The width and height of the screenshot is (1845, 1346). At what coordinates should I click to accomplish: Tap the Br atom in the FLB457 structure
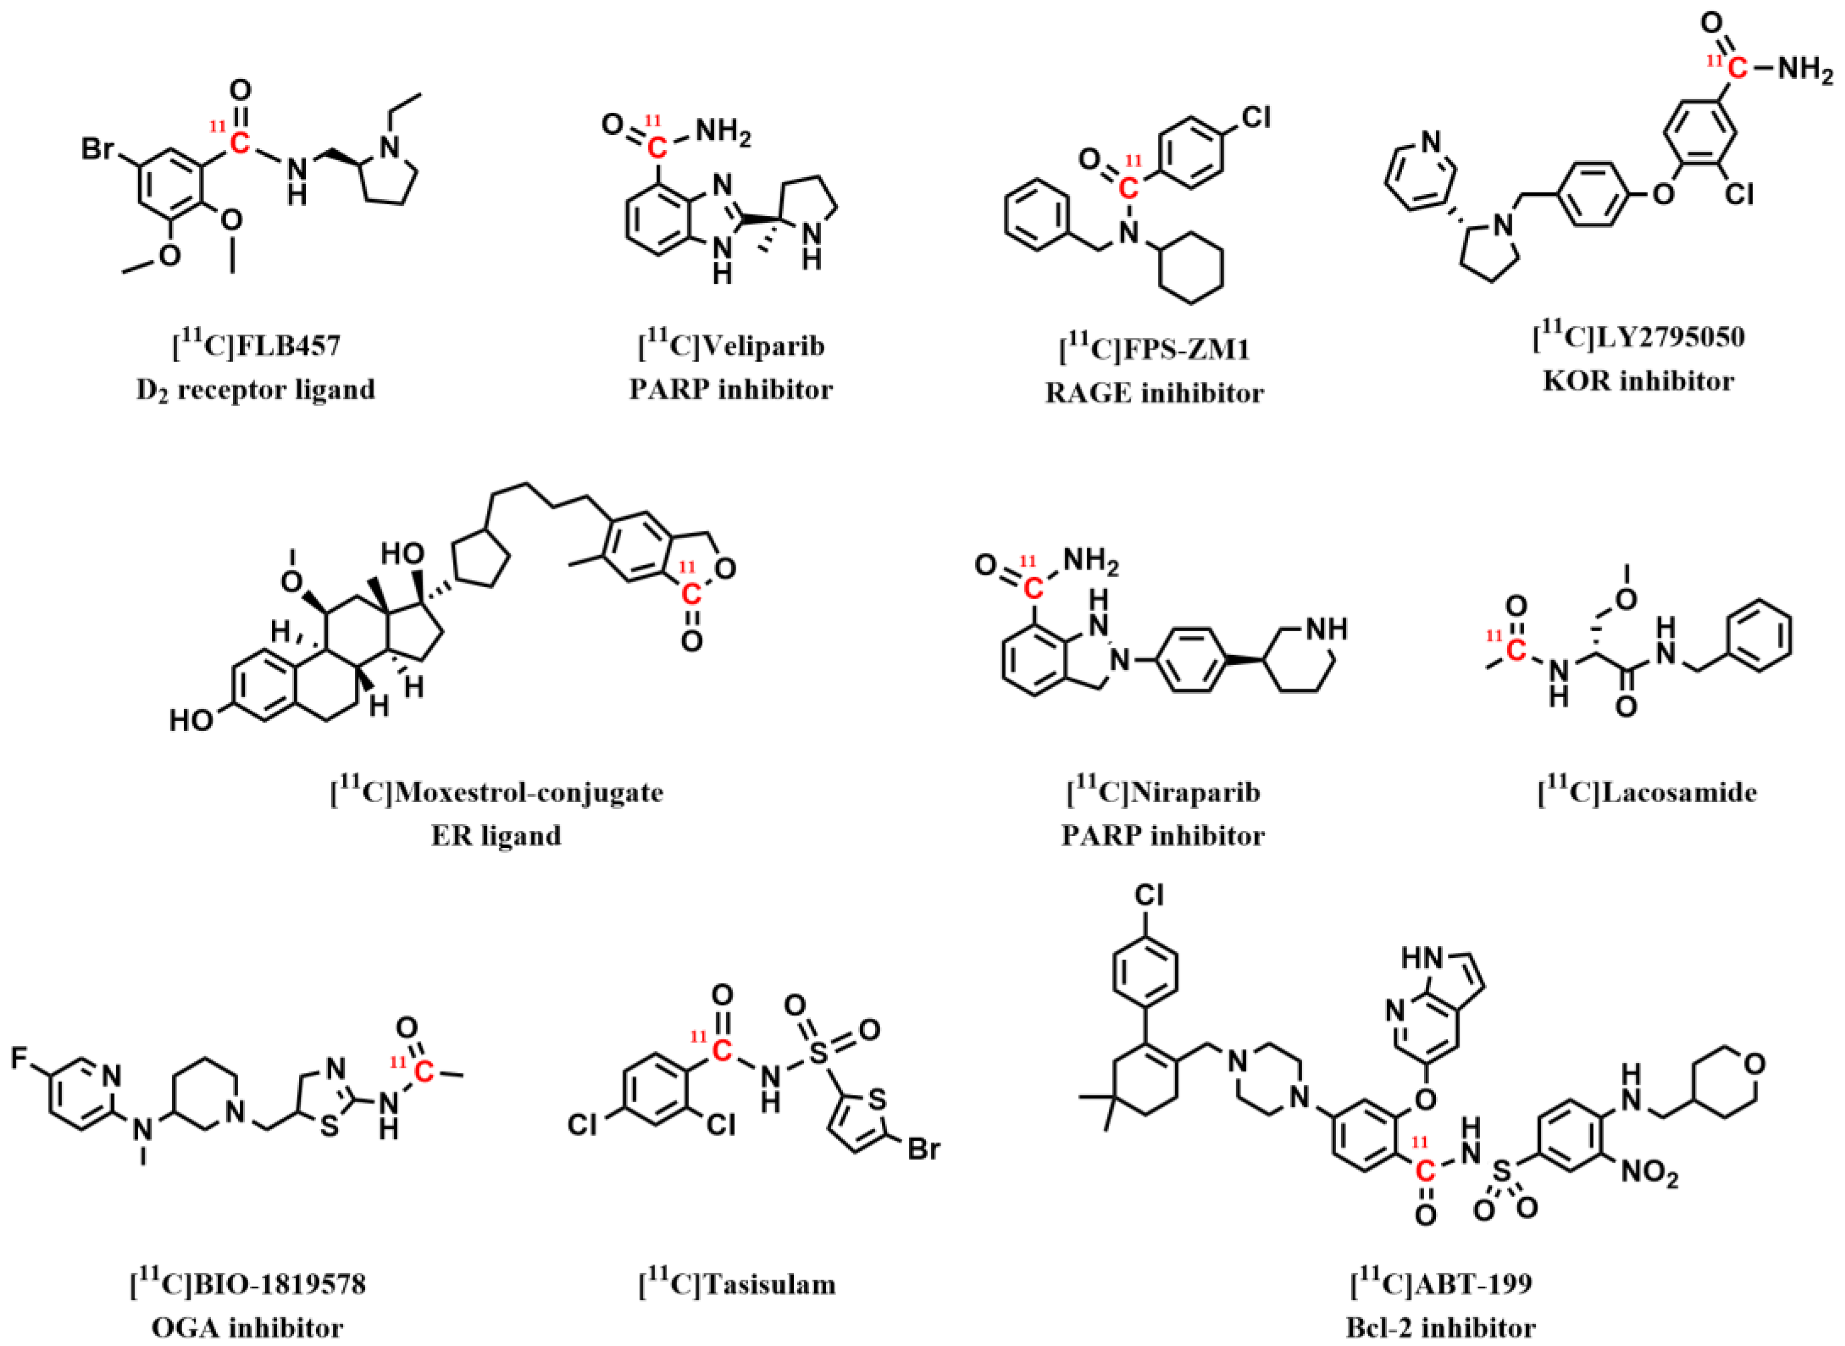pyautogui.click(x=97, y=151)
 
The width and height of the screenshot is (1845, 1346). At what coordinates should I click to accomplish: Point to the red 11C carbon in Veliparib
pyautogui.click(x=656, y=147)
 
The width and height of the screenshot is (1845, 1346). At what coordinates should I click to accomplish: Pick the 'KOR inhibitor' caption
pyautogui.click(x=1639, y=380)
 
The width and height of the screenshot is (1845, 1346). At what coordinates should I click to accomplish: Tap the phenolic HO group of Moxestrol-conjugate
pyautogui.click(x=191, y=720)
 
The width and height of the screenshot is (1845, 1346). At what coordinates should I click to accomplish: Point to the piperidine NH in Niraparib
pyautogui.click(x=1326, y=629)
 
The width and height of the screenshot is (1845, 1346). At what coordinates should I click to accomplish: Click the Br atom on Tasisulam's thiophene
pyautogui.click(x=923, y=1150)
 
